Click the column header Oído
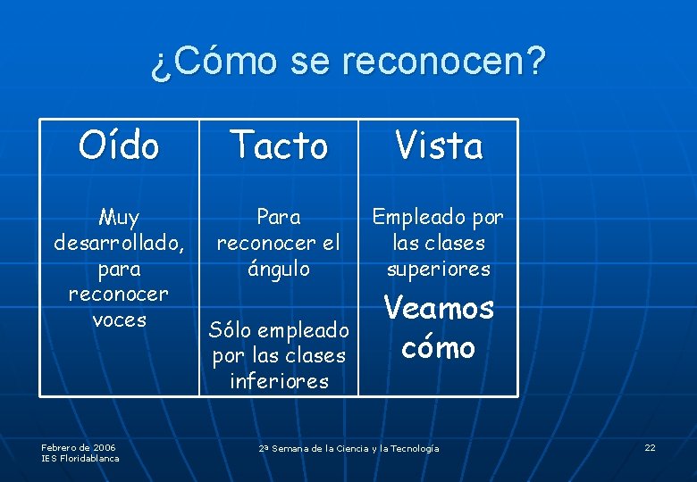119,145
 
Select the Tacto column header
279,145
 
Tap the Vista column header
439,145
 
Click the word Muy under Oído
119,217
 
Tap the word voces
119,320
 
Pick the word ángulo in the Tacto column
278,269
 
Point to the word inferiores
279,382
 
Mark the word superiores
438,269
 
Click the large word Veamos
438,309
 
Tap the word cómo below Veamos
438,347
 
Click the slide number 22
650,447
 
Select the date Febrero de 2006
79,447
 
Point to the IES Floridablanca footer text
80,459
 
